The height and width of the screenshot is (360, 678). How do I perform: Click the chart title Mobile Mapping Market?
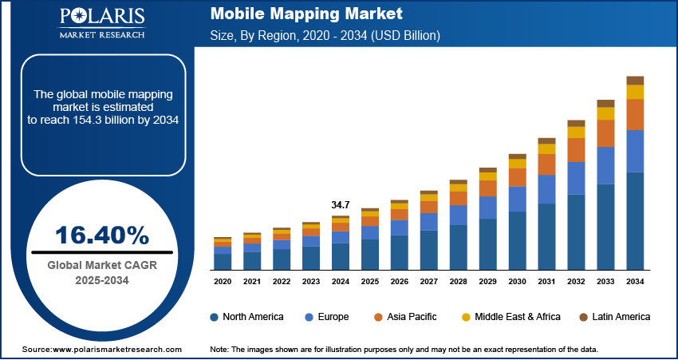(306, 14)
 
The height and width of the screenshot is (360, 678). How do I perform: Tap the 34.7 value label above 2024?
(341, 205)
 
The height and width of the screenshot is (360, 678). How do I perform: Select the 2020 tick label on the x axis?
(223, 282)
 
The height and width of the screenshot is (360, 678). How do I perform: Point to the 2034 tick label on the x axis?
(635, 282)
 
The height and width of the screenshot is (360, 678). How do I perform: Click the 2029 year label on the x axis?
(487, 282)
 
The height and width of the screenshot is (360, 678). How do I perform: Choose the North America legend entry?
(246, 317)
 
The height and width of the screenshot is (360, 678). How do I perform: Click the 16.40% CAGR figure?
(101, 235)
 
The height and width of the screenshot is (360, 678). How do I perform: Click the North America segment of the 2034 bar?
(635, 221)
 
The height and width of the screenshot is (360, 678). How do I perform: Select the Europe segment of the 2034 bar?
(635, 151)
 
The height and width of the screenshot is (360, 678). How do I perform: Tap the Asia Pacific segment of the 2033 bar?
(605, 133)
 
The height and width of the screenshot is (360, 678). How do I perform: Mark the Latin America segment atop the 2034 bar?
(635, 80)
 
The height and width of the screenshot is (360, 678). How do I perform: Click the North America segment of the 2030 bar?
(517, 240)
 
